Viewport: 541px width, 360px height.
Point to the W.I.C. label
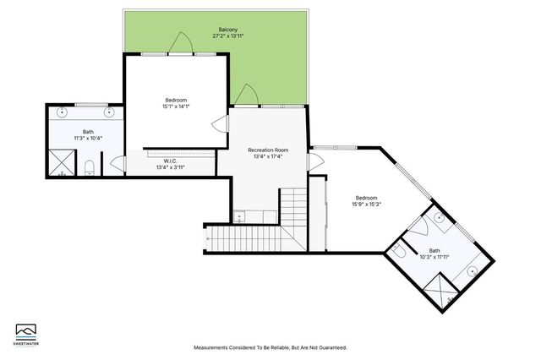coord(170,161)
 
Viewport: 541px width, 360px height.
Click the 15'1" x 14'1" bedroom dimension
coord(176,106)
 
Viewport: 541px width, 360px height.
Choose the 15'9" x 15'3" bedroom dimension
coord(366,204)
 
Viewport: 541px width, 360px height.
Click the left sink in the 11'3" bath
coord(63,112)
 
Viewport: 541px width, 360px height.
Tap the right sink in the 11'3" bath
coord(109,112)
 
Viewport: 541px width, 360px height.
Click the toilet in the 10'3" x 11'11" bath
coord(400,251)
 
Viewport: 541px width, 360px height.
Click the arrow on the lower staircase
coord(208,240)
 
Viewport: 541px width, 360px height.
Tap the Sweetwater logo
coord(26,332)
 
